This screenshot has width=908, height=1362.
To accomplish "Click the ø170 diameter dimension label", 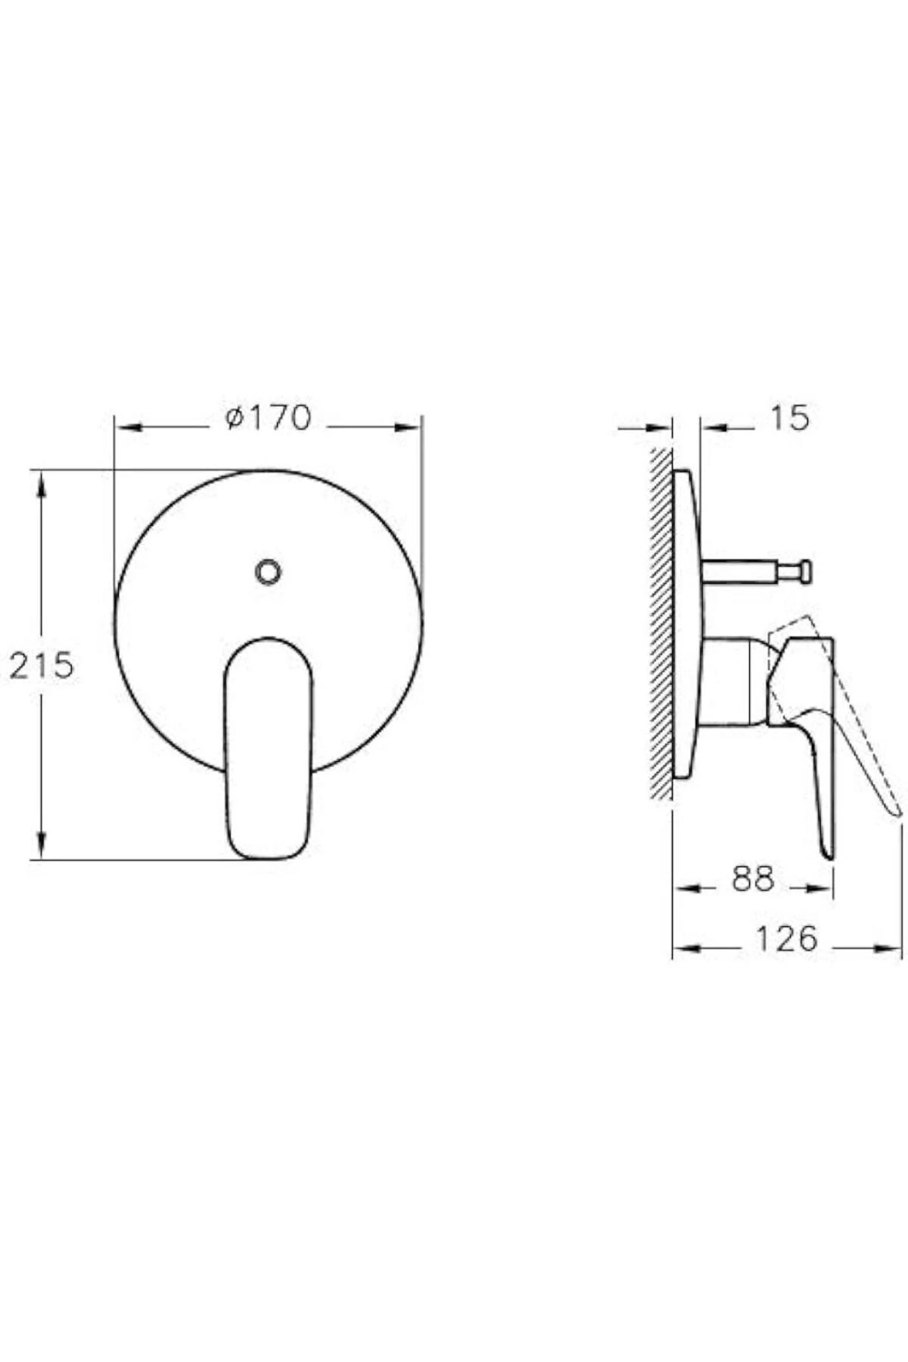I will (x=269, y=418).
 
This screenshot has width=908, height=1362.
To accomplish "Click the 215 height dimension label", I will (x=42, y=666).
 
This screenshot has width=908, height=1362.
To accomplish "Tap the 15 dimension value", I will (x=790, y=418).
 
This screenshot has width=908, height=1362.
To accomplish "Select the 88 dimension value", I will (x=754, y=879).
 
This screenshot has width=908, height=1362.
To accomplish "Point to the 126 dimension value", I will (x=787, y=939).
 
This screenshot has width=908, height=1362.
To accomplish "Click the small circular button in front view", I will (x=268, y=572).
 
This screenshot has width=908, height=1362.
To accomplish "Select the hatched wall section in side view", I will (x=661, y=620).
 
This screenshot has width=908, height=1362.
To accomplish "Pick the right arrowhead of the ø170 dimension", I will (x=409, y=428).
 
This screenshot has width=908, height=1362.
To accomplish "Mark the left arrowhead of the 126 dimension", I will (x=686, y=947).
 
